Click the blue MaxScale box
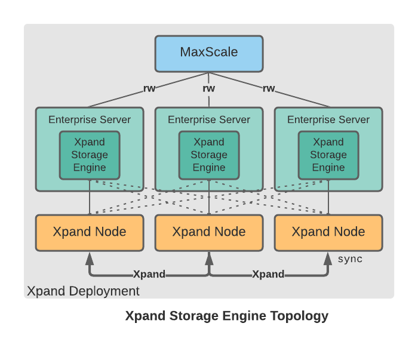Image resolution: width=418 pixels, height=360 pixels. coord(208,53)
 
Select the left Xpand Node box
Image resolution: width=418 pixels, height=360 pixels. coord(90,232)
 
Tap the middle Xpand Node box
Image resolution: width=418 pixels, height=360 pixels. coord(209,232)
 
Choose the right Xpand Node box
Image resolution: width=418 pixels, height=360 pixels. coord(328,232)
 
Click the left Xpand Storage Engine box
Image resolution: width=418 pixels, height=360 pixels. coord(90,155)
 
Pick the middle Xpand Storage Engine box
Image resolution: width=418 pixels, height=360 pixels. coord(209,155)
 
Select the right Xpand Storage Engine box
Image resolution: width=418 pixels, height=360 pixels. coord(328,155)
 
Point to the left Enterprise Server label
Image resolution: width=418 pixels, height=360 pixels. coord(90,119)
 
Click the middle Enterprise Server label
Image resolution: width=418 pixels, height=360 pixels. coord(209,119)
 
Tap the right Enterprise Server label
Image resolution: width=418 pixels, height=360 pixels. coord(328,119)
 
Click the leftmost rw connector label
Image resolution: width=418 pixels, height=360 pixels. coord(149,89)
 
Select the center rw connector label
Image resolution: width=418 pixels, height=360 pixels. coord(209,89)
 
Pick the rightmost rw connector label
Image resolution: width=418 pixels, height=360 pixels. coord(269,89)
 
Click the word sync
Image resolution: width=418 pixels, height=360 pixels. coord(350,259)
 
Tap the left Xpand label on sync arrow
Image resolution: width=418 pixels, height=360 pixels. coord(149,275)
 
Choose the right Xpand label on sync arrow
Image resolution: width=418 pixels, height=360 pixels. coord(268,275)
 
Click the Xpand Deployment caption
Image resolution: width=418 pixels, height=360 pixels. coord(83,291)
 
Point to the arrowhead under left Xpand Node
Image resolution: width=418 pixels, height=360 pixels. coord(90,258)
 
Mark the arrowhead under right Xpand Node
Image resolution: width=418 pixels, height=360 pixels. coord(328,258)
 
